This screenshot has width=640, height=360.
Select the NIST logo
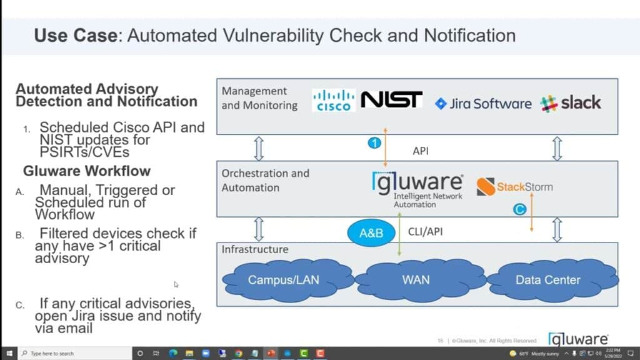[x=392, y=100]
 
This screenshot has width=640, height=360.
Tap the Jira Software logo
[x=483, y=104]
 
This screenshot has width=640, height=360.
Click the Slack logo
[x=571, y=103]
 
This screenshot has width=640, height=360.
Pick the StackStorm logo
[x=514, y=186]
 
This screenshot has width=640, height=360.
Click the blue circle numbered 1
[x=373, y=143]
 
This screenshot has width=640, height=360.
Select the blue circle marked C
[x=519, y=210]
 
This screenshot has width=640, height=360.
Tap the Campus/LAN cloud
[x=283, y=280]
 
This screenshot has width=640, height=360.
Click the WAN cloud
[x=416, y=280]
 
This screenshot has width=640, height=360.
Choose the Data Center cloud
[x=547, y=280]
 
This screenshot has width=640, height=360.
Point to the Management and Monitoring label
[x=259, y=98]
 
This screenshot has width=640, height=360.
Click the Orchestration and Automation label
[x=265, y=179]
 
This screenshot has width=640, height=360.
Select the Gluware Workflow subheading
[x=86, y=171]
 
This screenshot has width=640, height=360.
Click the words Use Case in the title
[x=75, y=35]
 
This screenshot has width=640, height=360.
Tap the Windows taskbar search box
[x=72, y=353]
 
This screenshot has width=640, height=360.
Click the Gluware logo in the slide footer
[x=578, y=339]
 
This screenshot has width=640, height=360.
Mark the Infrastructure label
[x=255, y=249]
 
